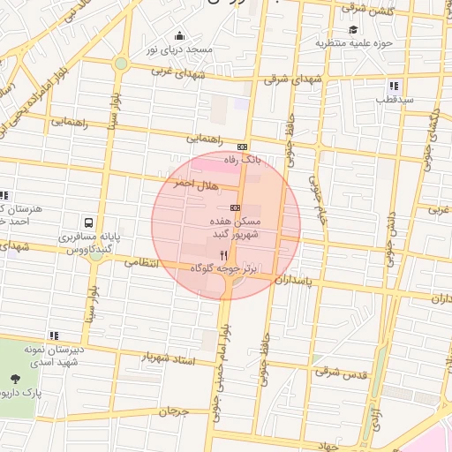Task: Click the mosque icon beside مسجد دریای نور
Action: [x=180, y=36]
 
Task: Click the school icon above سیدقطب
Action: [x=394, y=86]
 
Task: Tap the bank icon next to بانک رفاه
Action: [x=242, y=147]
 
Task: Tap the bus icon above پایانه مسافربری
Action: [x=88, y=223]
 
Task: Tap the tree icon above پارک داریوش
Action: [x=15, y=380]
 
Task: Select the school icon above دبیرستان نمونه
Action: [x=54, y=335]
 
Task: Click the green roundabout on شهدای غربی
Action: [x=120, y=63]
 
